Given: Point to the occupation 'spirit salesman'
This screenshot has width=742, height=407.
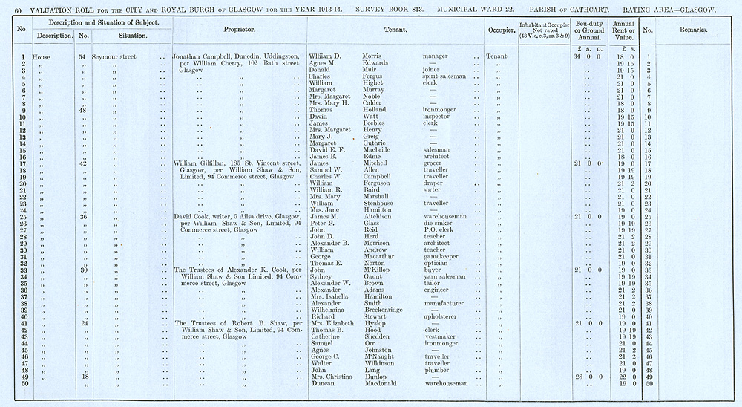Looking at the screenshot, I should pos(444,76).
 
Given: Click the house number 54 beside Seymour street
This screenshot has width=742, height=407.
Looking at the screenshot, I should pos(83,56).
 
